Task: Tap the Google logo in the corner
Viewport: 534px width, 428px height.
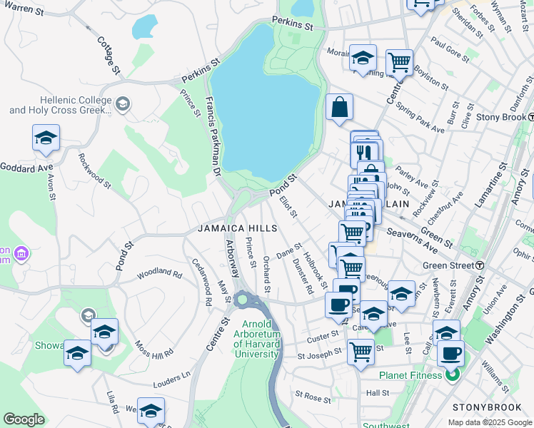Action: [24, 419]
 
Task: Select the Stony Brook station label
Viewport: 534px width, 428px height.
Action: [500, 117]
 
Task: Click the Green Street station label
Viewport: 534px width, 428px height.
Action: [448, 265]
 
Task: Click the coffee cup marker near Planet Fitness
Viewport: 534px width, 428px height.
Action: [450, 353]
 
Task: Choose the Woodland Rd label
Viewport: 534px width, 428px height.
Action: [160, 272]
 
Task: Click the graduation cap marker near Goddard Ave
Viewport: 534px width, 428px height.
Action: [46, 138]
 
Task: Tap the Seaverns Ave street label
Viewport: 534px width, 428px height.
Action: [411, 240]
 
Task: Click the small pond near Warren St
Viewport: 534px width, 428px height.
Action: [143, 26]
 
